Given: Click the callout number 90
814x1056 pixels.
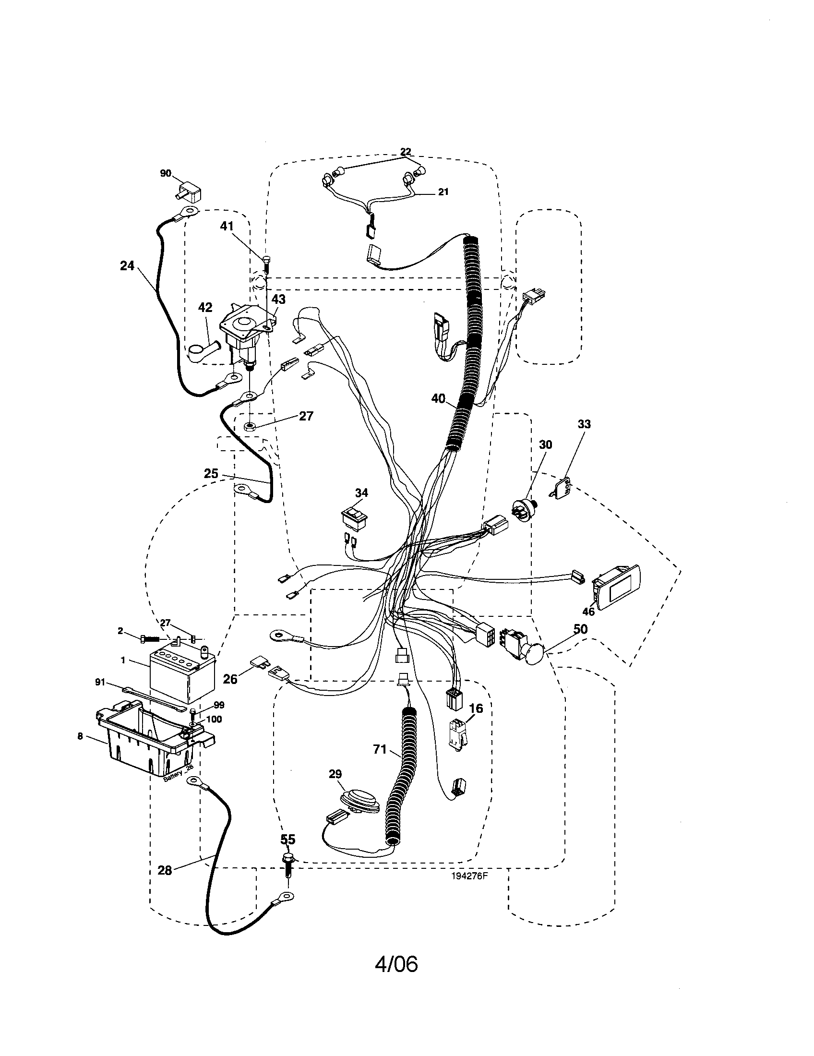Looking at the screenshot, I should (165, 173).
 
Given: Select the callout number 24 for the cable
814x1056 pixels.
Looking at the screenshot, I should (127, 265).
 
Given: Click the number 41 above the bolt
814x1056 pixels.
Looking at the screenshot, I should (227, 226).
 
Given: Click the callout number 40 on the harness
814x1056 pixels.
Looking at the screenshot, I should (438, 398).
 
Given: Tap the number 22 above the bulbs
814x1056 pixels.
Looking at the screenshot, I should (406, 152).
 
